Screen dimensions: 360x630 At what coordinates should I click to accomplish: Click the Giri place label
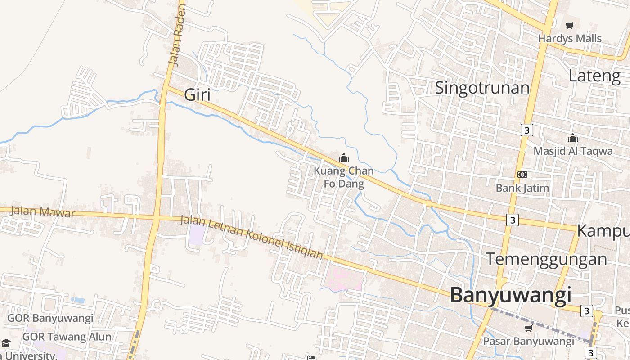coord(198,95)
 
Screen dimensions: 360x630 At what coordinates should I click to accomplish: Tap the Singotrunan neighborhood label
coord(482,87)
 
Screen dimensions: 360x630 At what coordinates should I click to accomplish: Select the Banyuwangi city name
coord(511,296)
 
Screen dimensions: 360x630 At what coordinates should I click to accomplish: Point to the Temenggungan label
coord(546,259)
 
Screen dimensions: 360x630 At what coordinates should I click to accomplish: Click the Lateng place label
coord(594,76)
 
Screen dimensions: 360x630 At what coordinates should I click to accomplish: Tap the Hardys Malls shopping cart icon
coord(570,26)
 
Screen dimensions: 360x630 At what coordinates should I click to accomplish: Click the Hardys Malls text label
coord(570,39)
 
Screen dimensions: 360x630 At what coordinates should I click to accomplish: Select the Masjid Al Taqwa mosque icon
coord(572,138)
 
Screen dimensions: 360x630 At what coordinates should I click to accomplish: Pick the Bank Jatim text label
coord(522,188)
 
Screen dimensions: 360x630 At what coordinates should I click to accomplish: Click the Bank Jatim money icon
coord(522,175)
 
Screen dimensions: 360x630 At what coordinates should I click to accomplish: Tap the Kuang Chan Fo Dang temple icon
coord(344,157)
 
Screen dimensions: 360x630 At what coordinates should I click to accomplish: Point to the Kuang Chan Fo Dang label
coord(344,177)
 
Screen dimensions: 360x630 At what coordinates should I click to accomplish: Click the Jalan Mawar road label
coord(42,211)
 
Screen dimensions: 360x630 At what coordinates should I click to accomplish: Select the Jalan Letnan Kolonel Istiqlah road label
coord(252,237)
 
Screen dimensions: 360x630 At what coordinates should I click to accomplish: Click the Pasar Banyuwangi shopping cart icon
coord(528,328)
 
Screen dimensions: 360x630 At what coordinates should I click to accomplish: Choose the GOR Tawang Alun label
coord(67,337)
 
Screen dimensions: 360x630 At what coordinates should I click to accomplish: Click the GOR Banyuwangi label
coord(50,319)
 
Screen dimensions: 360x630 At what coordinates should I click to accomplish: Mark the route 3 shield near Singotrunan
coord(526,130)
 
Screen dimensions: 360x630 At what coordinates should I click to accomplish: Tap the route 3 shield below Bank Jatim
coord(512,220)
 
